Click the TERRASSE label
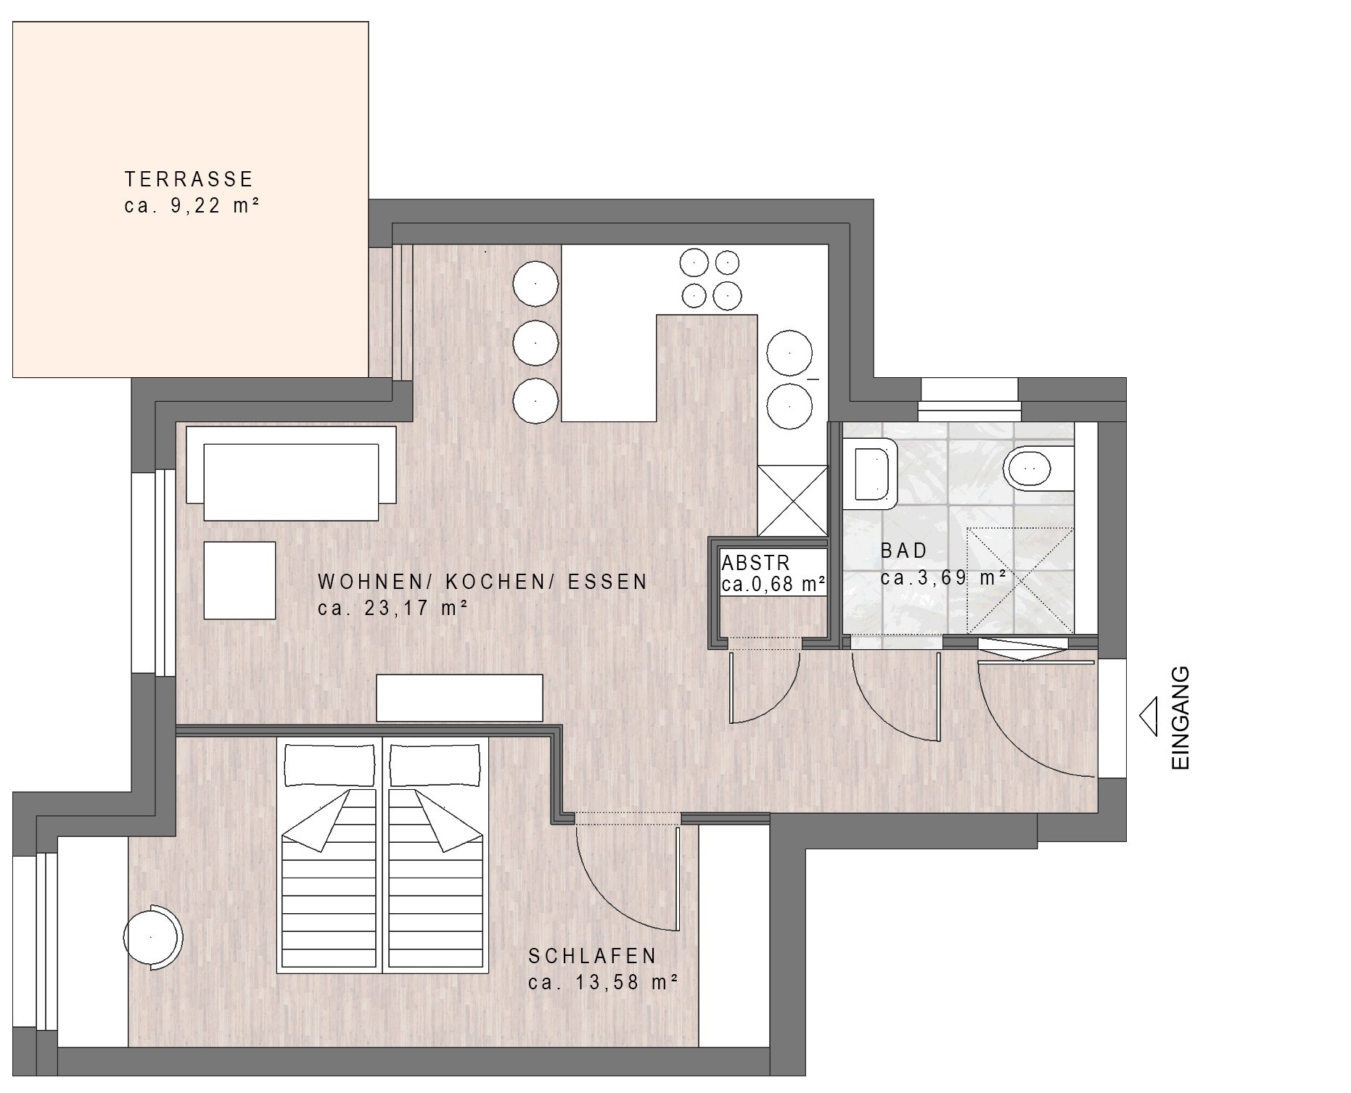189,179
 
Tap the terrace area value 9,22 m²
215,206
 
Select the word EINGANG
1180,718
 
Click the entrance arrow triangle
1148,717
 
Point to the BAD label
904,550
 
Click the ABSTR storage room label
755,563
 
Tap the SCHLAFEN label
593,956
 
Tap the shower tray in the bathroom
1020,580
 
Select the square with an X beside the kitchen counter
792,500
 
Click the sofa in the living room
291,472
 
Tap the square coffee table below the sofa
239,580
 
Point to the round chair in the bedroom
152,937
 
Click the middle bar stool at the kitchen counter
535,343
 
